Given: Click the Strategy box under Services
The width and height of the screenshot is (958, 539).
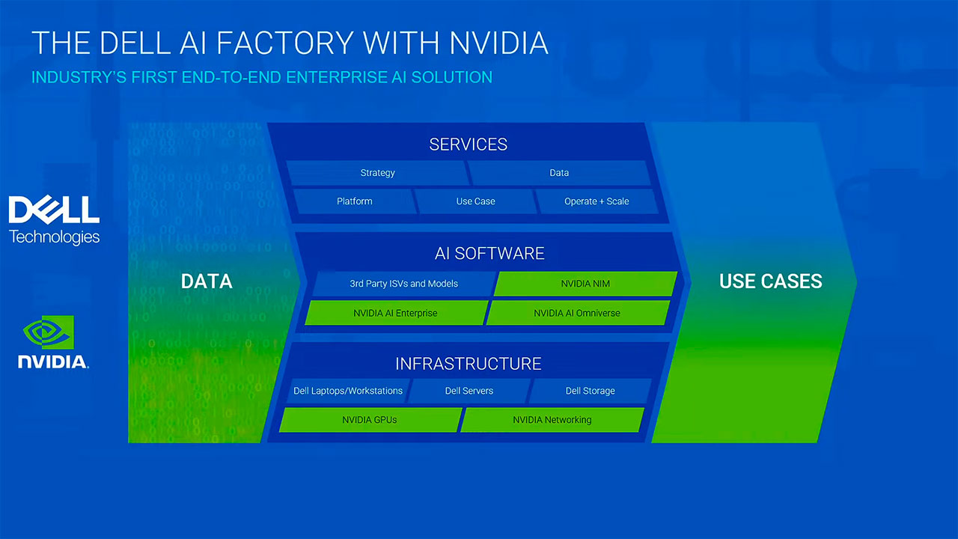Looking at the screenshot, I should point(377,173).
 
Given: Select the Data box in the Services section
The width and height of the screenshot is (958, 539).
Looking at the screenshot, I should point(559,173).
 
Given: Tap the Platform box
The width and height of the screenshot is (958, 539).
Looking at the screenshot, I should point(354,201).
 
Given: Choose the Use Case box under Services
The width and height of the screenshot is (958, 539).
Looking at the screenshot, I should point(475,201).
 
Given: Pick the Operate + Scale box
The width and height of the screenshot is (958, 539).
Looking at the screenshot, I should point(597,201).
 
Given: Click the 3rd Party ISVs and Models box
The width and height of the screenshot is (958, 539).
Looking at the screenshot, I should point(403,284).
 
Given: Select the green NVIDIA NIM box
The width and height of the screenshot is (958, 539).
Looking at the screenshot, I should point(585,284).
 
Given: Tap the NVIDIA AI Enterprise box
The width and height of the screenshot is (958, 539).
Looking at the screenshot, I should point(395,313).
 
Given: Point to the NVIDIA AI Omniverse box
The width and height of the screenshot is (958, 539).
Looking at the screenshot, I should point(577,313).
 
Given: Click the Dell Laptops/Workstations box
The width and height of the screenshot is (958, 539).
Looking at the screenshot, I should point(348,391).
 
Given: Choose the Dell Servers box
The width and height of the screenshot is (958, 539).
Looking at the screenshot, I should point(469,391).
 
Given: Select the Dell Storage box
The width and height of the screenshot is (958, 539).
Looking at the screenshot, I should point(590,391).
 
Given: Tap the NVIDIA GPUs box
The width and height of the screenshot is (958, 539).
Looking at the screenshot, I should point(370,420).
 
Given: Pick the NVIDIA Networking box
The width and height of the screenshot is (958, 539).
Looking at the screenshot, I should point(552,420).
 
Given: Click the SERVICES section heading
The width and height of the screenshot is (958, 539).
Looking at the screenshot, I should point(469,144).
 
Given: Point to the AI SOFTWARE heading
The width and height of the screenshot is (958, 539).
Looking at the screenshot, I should point(489,254).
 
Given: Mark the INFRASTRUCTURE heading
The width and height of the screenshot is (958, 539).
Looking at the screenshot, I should point(469,364).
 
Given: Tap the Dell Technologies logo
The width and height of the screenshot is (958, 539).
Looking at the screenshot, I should point(54,220).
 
